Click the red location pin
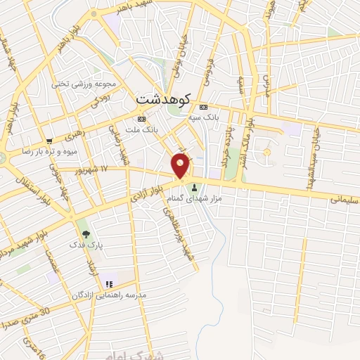pyautogui.click(x=181, y=167)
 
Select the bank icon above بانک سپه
pyautogui.click(x=204, y=107)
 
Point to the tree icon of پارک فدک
pyautogui.click(x=86, y=232)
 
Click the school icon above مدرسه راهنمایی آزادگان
pyautogui.click(x=109, y=284)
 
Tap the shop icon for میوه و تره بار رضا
pyautogui.click(x=49, y=141)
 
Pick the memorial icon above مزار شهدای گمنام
pyautogui.click(x=194, y=188)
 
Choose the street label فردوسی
pyautogui.click(x=208, y=71)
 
